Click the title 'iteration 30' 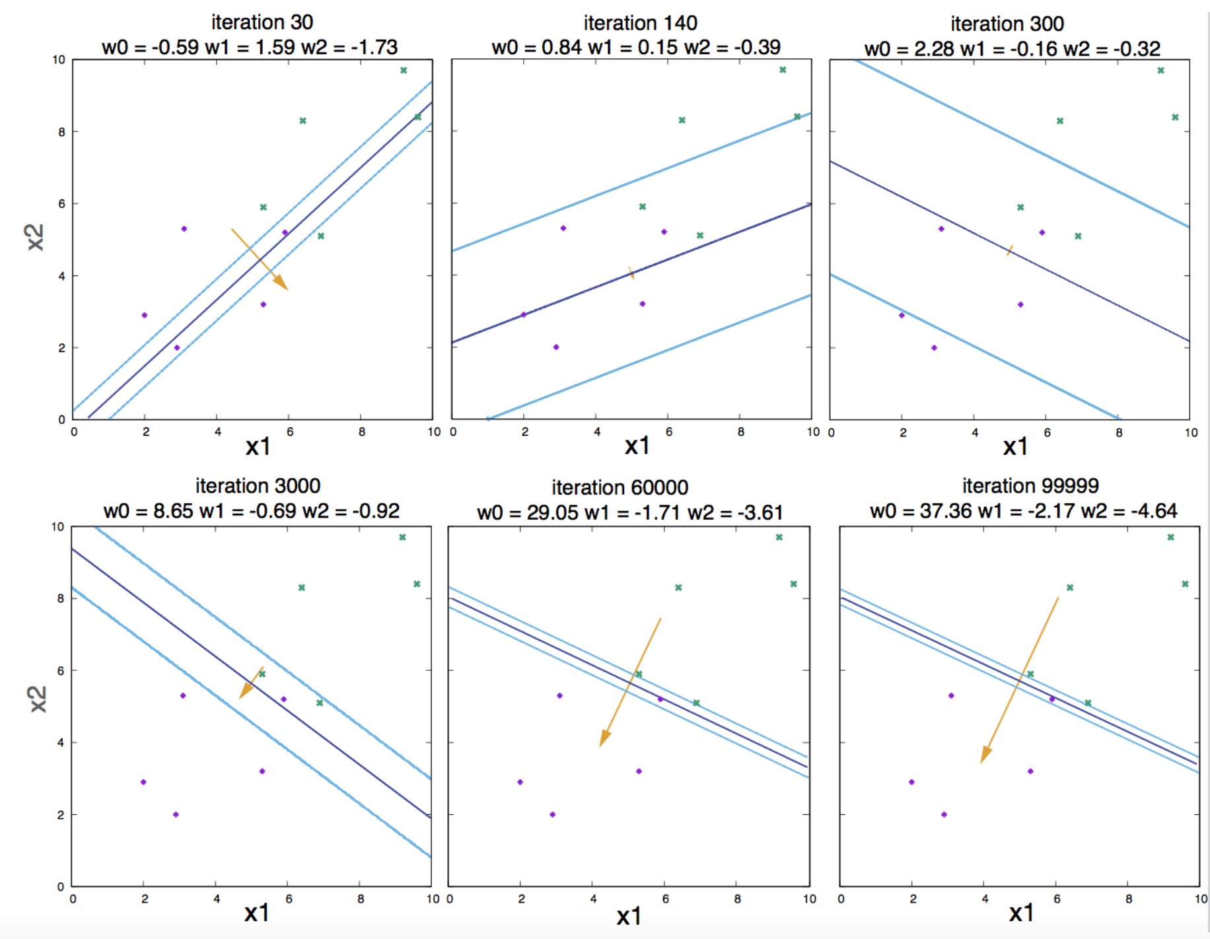click(x=262, y=22)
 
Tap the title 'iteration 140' click(x=640, y=23)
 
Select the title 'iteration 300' click(x=1007, y=24)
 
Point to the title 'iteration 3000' click(x=258, y=486)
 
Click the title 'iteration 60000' click(x=620, y=488)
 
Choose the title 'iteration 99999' click(x=1030, y=486)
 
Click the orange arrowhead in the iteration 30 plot click(x=281, y=283)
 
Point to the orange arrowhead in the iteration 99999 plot click(x=985, y=754)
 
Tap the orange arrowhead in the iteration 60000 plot click(x=604, y=738)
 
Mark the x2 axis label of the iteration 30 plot click(x=36, y=237)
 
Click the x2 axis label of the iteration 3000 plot click(x=38, y=699)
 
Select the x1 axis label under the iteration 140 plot click(x=637, y=446)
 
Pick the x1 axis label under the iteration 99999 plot click(x=1021, y=913)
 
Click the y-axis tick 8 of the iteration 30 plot click(x=61, y=132)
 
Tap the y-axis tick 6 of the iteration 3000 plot click(x=61, y=671)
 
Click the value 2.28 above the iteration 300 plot click(x=934, y=49)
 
